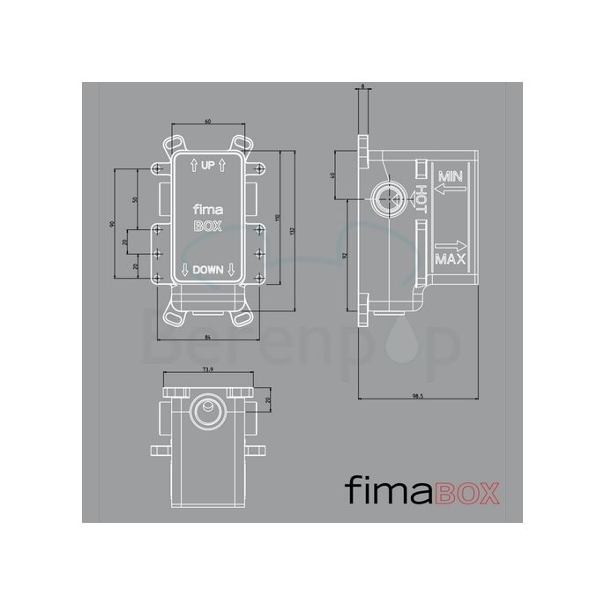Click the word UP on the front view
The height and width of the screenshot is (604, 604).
point(208,165)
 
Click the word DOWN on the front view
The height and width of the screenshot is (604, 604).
point(208,271)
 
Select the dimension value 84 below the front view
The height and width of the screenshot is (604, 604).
point(206,338)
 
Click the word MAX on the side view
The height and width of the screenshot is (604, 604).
point(451,260)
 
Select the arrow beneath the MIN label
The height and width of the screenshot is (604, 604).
point(451,187)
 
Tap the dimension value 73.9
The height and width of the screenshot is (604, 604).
point(209,370)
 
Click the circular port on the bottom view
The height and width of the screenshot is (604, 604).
point(209,407)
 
